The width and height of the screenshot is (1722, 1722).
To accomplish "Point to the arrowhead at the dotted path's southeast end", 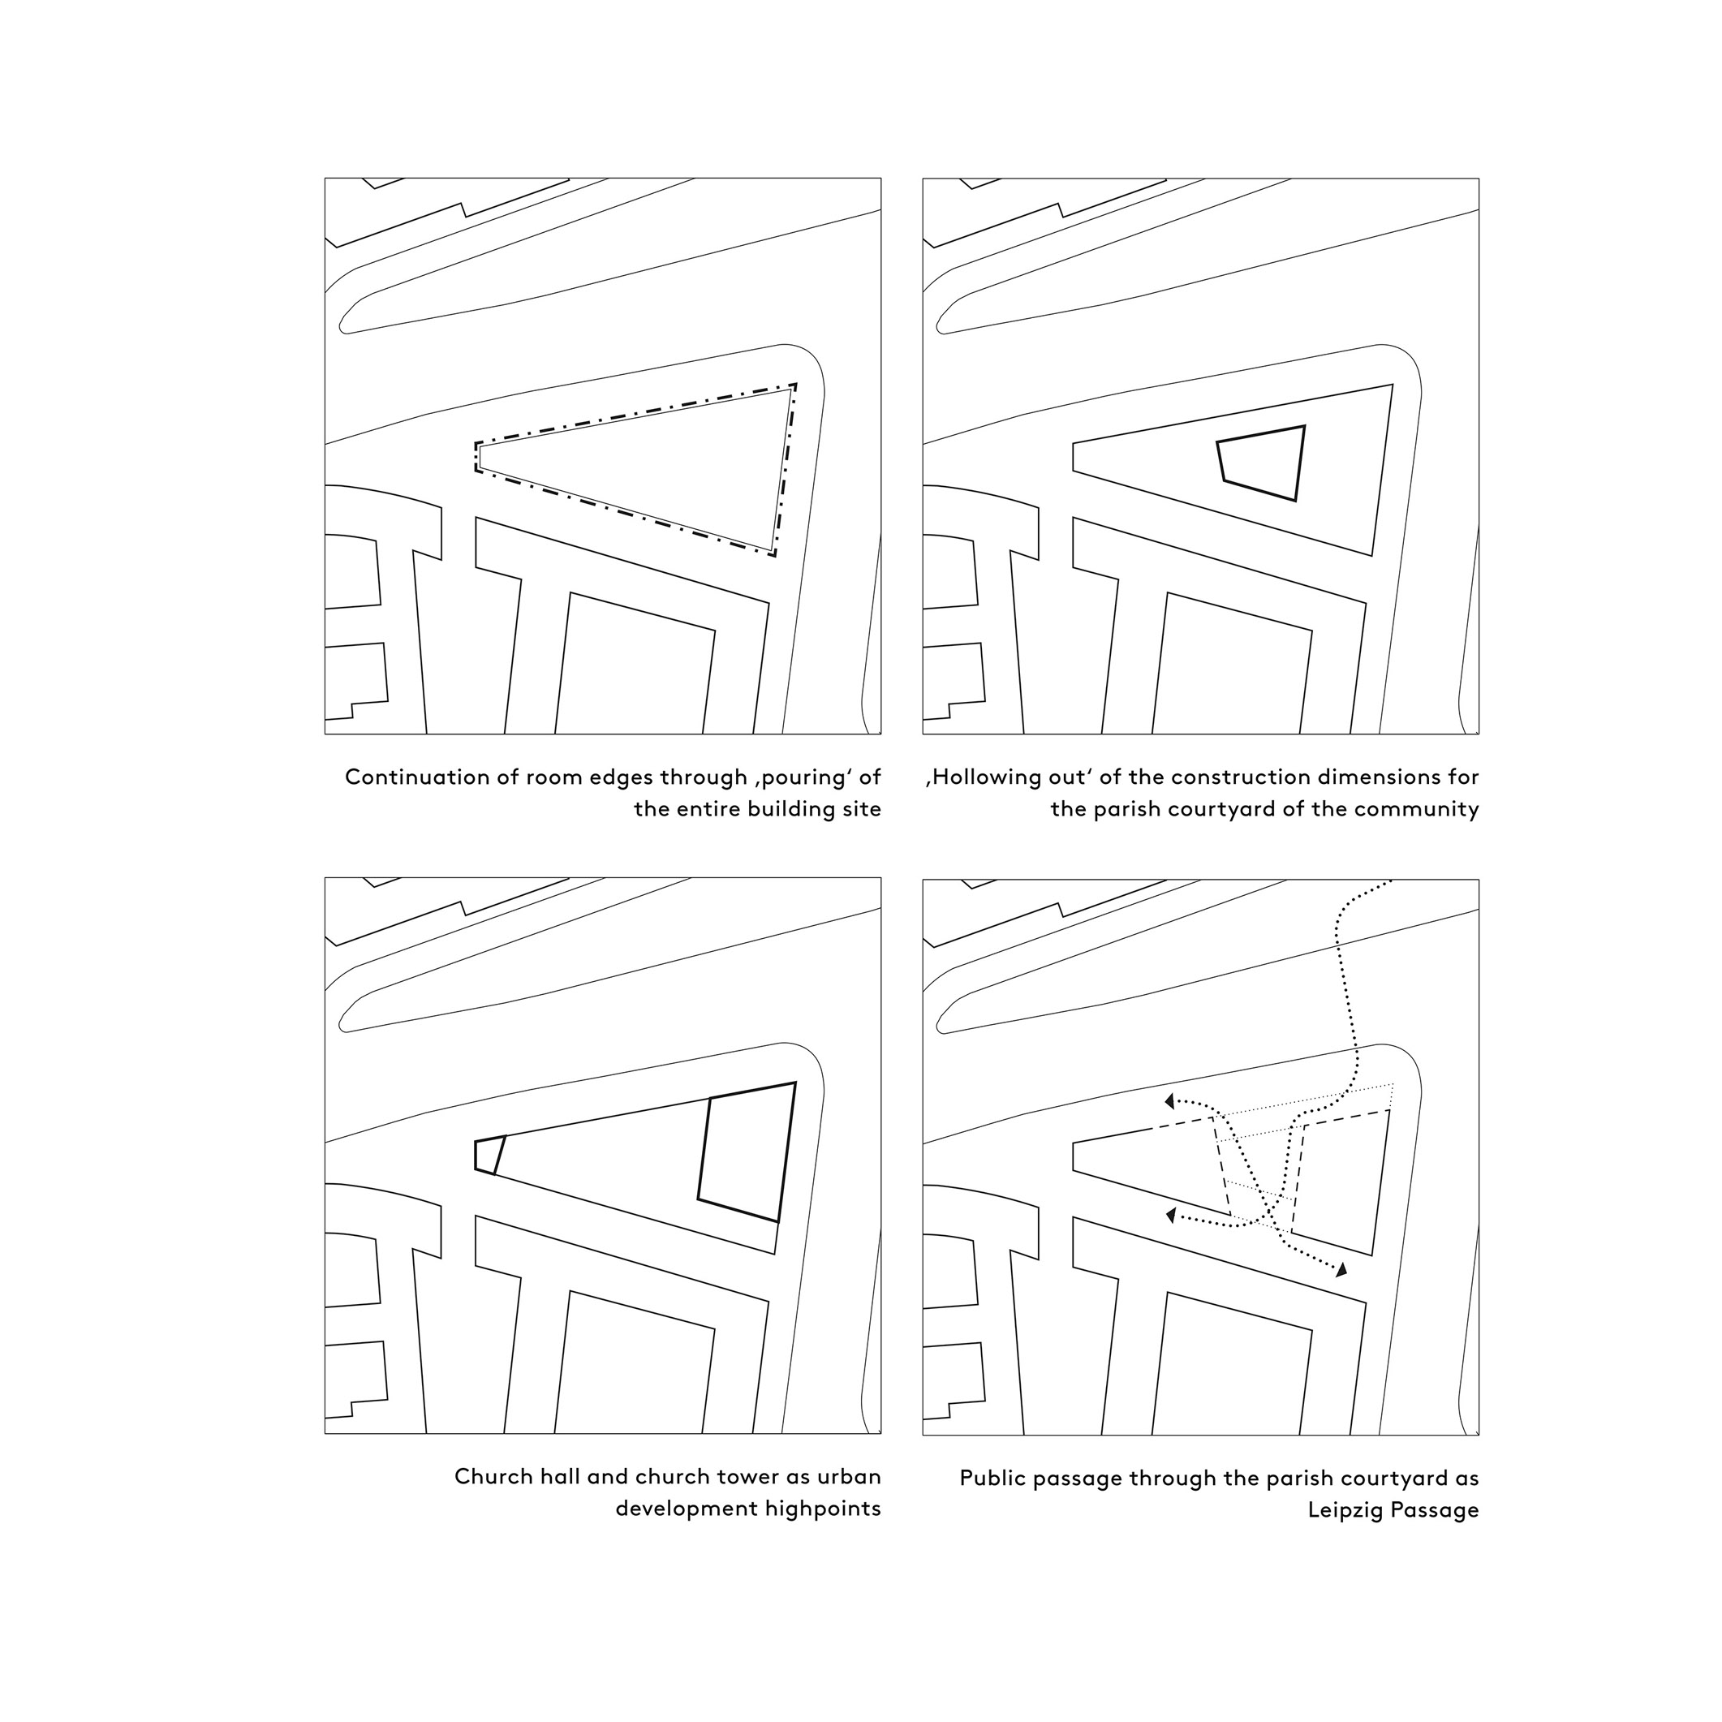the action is [1341, 1269].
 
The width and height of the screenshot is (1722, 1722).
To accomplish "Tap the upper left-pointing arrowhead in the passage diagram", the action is [1169, 1102].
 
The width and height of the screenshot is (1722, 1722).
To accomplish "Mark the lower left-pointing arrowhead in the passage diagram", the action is [1171, 1215].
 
